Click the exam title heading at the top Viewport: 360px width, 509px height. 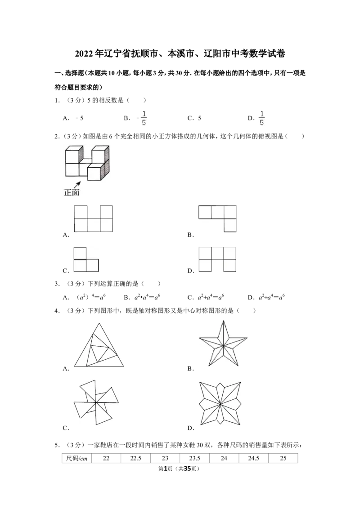click(x=180, y=53)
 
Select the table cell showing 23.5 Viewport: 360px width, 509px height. click(x=194, y=458)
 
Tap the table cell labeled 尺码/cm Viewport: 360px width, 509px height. click(x=76, y=458)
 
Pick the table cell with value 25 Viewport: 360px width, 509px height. click(x=283, y=458)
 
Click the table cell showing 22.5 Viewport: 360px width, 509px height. click(x=135, y=458)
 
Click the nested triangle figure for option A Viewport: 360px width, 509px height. click(x=99, y=345)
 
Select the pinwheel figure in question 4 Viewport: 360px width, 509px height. click(x=96, y=402)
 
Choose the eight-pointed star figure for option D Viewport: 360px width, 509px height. click(x=220, y=403)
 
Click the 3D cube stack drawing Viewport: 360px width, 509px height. click(x=87, y=163)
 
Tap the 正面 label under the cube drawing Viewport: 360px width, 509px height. click(x=72, y=192)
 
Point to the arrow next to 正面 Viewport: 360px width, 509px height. click(x=77, y=185)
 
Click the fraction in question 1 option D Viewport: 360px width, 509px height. click(x=261, y=118)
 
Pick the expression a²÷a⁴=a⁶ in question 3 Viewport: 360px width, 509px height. click(x=272, y=297)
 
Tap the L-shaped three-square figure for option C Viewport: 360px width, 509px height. click(x=86, y=259)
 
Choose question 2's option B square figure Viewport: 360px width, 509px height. click(x=218, y=219)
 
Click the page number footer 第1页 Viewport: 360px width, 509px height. click(x=166, y=469)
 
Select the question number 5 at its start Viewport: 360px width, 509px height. click(x=57, y=445)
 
